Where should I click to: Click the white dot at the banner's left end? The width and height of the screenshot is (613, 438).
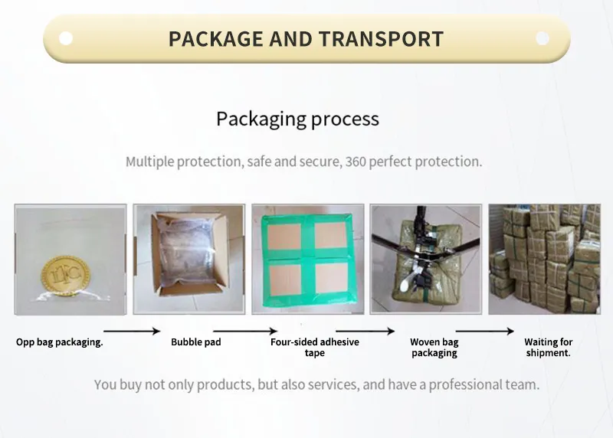[x=66, y=38]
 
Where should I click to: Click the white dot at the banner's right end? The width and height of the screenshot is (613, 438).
[x=543, y=38]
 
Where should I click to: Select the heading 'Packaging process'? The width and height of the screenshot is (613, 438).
[x=297, y=119]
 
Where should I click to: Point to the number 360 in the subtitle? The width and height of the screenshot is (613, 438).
[x=356, y=162]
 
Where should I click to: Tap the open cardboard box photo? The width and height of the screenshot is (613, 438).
[x=189, y=259]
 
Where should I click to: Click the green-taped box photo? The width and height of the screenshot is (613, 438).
[x=307, y=259]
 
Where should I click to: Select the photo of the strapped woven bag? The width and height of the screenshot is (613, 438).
[x=425, y=259]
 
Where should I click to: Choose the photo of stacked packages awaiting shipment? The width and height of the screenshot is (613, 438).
[x=544, y=259]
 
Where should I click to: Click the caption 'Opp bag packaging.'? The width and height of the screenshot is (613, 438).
[x=60, y=342]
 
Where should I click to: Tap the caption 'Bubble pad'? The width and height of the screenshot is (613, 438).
[x=196, y=342]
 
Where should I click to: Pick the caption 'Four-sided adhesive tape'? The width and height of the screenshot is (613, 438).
[x=314, y=348]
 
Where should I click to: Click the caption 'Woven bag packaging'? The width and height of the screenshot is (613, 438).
[x=434, y=348]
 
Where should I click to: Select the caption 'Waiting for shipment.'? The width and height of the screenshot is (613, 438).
[x=549, y=348]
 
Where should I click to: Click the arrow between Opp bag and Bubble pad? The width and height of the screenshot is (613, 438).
[x=131, y=332]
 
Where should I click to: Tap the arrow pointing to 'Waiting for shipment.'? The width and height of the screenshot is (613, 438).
[x=485, y=332]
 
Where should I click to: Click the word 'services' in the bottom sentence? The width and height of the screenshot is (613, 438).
[x=331, y=384]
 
